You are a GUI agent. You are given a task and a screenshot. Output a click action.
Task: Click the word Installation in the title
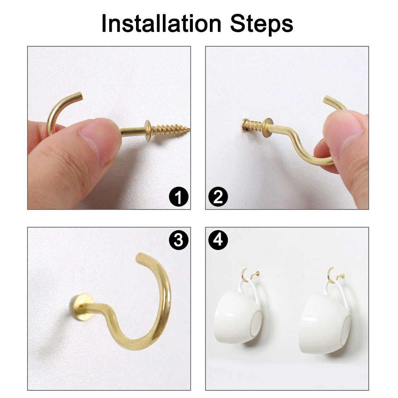[161, 24]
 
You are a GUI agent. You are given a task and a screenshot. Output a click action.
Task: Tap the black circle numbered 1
[179, 196]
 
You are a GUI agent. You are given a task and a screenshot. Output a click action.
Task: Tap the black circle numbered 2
[218, 196]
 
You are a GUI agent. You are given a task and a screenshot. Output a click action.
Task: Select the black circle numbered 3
[179, 240]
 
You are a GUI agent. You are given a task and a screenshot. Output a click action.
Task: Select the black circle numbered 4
[218, 240]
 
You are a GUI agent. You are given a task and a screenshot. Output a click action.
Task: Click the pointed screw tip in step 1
[189, 129]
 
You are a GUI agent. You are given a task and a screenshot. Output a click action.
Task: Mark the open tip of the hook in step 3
[140, 257]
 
